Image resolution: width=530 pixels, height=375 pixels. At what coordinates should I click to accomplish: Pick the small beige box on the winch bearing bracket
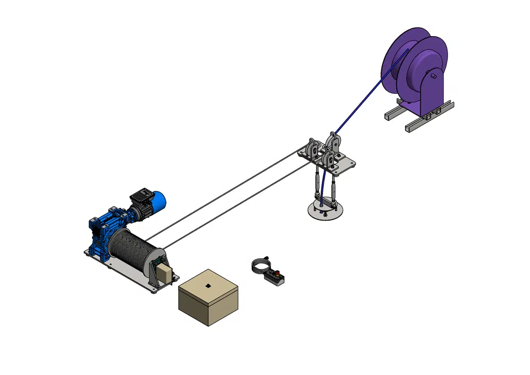point(165,274)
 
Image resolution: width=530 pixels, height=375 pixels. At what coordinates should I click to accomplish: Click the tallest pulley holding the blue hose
point(334,141)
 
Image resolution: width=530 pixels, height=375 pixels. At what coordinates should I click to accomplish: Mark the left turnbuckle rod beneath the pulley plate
point(317,183)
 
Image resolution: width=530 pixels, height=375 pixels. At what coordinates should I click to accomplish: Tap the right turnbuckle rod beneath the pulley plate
point(334,187)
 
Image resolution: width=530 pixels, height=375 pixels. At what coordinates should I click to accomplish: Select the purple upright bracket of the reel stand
point(432,93)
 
